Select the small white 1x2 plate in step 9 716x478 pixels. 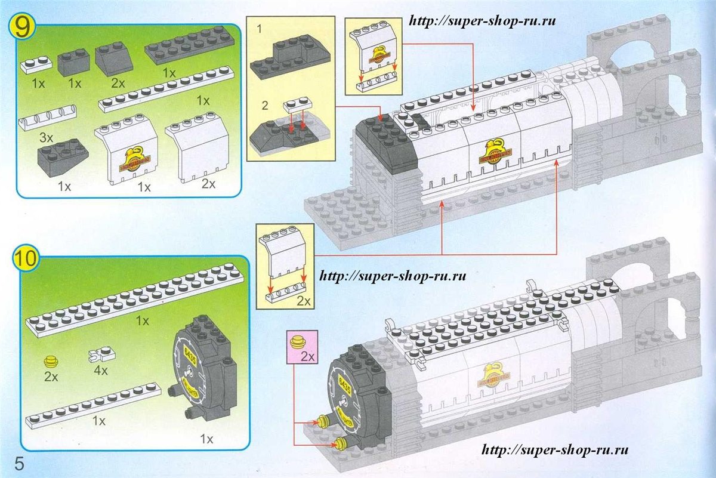point(36,64)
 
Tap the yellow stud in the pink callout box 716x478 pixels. point(297,343)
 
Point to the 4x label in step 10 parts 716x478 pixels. point(100,371)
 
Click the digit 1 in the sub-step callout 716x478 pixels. point(258,28)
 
